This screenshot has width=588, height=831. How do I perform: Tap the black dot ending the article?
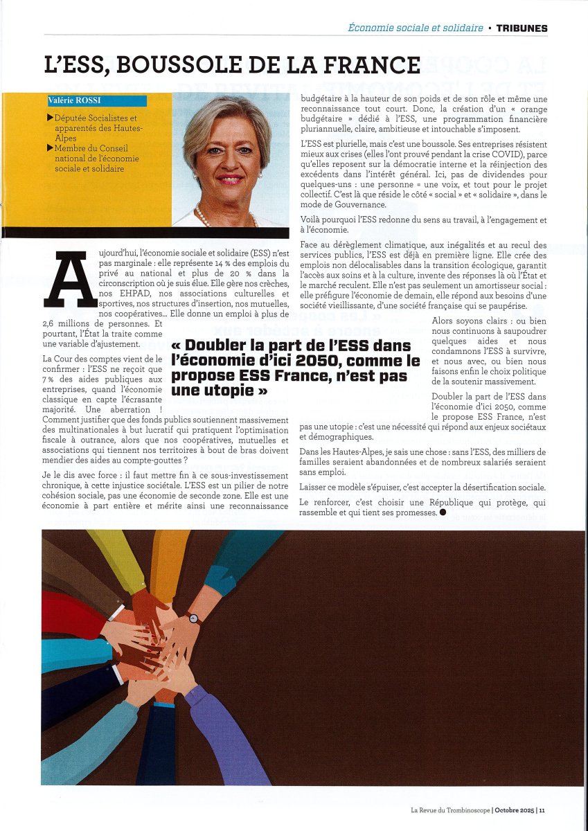tap(442, 513)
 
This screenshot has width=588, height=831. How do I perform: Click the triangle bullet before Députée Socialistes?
tap(51, 119)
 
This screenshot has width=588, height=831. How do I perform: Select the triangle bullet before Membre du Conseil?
tap(51, 148)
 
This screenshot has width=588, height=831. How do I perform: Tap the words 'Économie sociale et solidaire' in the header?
tap(416, 28)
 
